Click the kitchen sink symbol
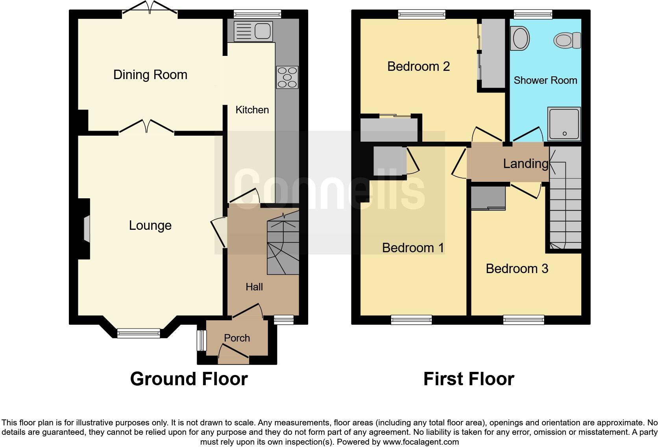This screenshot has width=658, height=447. pos(253,31)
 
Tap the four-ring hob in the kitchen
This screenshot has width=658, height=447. pos(287,77)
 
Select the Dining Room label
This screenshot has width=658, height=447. pos(150,75)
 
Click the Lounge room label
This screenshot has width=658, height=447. pos(150,225)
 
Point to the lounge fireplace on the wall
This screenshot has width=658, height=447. pos(86,228)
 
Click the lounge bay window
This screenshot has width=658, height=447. pos(139,333)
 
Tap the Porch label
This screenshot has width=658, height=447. pos(237,338)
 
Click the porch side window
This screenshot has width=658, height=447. pos(201,340)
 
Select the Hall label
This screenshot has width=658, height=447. pos(254,287)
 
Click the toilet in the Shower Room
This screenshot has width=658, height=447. pos(567,40)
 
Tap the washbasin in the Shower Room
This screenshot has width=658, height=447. pos(520,38)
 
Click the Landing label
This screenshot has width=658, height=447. pos(525,163)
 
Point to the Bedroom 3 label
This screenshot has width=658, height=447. pos(517,269)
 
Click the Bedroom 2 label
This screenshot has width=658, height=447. pos(418,66)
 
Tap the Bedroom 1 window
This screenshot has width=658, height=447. pos(411,320)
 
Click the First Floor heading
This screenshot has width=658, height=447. pos(468,379)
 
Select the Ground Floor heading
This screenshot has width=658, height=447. pos(189,379)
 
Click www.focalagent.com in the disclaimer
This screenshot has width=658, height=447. pos(421,442)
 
